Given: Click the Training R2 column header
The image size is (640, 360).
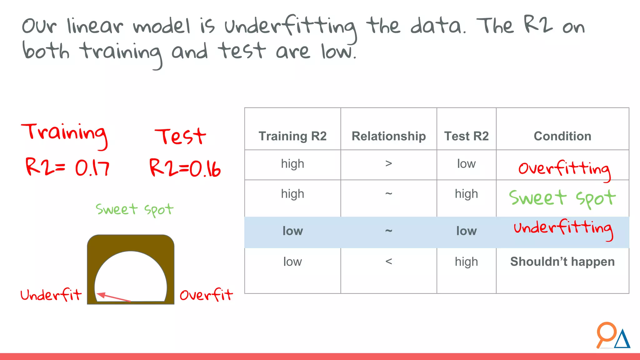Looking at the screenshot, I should (x=292, y=136).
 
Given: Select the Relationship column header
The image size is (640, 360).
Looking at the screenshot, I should (x=388, y=136).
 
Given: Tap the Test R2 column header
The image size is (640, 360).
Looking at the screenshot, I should (x=466, y=136).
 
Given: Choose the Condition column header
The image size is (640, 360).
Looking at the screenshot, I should (x=562, y=136).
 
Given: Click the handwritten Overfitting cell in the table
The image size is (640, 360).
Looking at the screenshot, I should (x=564, y=169).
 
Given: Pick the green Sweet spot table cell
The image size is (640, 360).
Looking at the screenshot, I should (x=562, y=198).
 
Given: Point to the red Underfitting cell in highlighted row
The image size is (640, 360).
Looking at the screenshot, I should (x=563, y=228).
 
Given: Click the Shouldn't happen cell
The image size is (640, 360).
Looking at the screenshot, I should (x=562, y=262).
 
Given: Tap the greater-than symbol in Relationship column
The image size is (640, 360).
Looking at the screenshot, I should (x=388, y=163).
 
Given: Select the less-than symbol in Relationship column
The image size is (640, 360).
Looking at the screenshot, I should (x=388, y=261).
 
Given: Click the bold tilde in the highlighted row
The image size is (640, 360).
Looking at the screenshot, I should (x=388, y=231).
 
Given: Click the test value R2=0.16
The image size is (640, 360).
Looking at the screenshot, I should (x=185, y=168).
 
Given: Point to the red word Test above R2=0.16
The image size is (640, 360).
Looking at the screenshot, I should (x=180, y=137).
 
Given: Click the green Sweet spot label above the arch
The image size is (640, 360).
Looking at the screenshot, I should (x=134, y=209).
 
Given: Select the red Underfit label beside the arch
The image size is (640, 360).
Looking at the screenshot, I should (x=51, y=295).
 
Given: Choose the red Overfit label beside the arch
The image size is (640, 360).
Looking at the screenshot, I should (x=206, y=295).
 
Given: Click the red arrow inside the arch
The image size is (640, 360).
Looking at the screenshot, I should (x=114, y=297).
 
